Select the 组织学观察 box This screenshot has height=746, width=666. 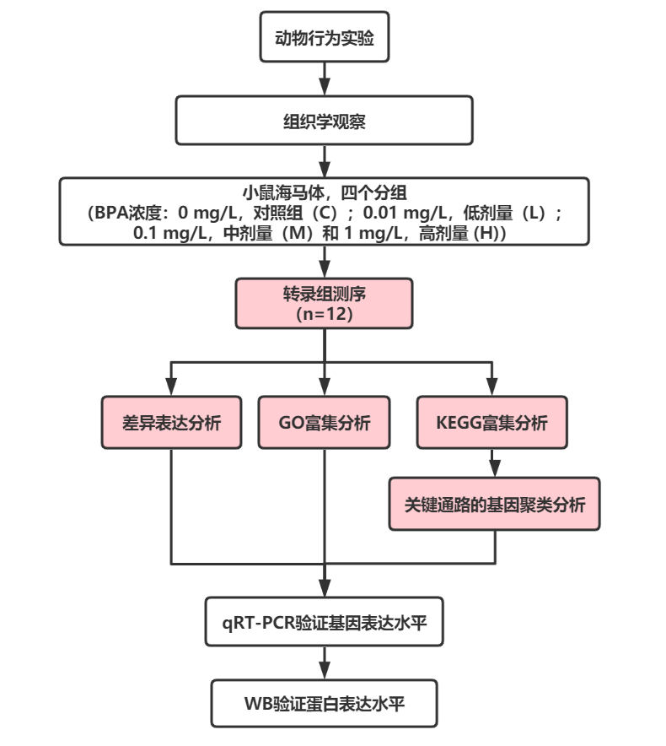325,120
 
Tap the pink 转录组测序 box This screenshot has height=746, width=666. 325,304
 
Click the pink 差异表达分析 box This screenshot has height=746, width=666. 171,423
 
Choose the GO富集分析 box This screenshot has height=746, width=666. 325,423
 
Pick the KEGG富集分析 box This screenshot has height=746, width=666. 492,423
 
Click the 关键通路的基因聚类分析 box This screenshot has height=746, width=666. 494,505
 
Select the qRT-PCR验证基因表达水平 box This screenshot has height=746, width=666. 325,623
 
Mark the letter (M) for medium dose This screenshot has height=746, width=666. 295,232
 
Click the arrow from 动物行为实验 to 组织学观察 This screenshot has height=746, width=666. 325,78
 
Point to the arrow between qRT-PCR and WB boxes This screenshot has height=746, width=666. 325,662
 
